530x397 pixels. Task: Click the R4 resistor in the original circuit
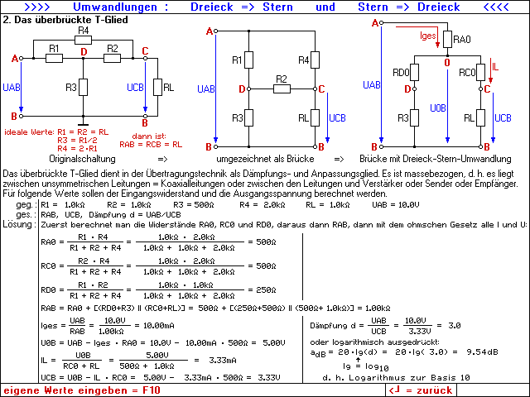(x=83, y=41)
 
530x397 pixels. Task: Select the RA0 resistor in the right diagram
(x=447, y=39)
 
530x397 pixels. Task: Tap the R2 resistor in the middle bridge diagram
(x=282, y=89)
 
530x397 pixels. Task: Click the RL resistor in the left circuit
(x=157, y=87)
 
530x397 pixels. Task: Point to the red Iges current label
(x=428, y=36)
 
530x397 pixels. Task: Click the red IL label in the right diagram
(x=495, y=66)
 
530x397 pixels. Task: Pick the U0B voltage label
(x=438, y=108)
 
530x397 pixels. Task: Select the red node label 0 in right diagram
(x=447, y=63)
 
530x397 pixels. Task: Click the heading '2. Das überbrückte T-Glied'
(x=65, y=20)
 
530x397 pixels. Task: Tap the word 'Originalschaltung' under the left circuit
(x=83, y=159)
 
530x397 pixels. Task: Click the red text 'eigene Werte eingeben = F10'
(x=82, y=390)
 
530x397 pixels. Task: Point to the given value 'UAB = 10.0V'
(x=396, y=204)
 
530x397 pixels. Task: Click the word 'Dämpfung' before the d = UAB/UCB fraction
(x=329, y=326)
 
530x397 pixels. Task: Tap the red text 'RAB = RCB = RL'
(x=151, y=145)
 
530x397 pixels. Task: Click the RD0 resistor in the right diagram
(x=414, y=72)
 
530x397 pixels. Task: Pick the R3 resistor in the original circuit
(x=83, y=88)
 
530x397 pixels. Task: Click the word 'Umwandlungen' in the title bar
(x=115, y=7)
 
